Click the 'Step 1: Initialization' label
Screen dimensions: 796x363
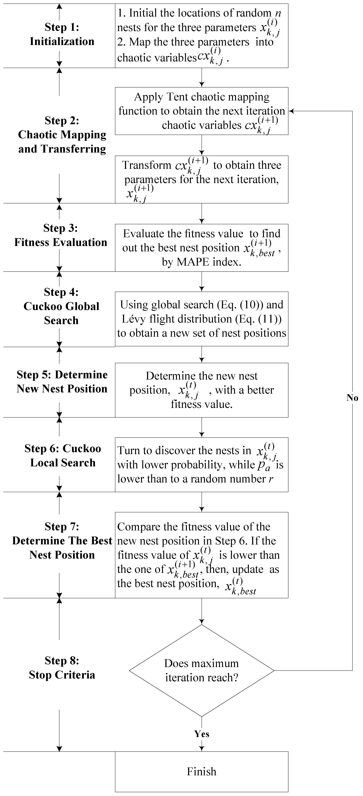click(62, 34)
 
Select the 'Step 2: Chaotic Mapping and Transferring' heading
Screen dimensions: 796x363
click(62, 135)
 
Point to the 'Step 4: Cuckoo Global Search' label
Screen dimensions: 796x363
click(61, 306)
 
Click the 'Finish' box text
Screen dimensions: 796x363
click(201, 772)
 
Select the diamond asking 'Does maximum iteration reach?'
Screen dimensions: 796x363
click(201, 671)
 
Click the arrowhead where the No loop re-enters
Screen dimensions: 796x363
click(291, 111)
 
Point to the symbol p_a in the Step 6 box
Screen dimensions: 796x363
click(264, 466)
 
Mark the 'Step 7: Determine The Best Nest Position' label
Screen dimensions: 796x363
click(62, 541)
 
